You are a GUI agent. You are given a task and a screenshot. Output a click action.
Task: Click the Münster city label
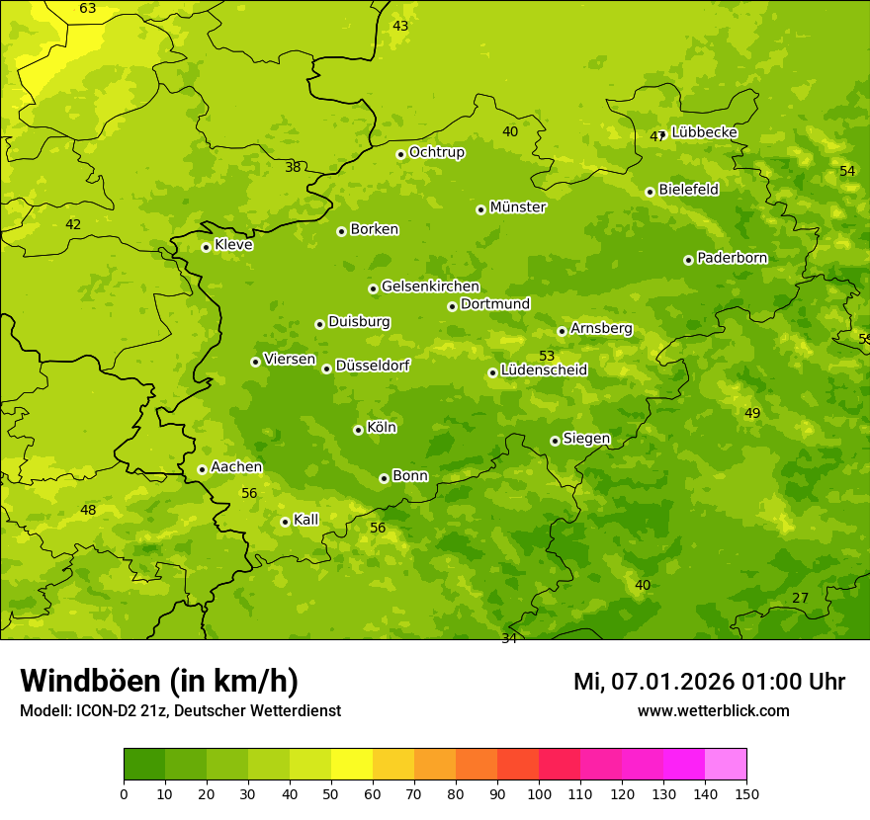pyautogui.click(x=518, y=207)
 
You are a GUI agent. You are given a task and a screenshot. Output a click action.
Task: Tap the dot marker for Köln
pyautogui.click(x=358, y=430)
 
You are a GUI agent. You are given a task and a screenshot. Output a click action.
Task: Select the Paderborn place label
pyautogui.click(x=732, y=258)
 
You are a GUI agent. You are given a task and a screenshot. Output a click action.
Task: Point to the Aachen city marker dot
pyautogui.click(x=202, y=469)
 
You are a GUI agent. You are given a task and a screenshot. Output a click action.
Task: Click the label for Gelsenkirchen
pyautogui.click(x=430, y=287)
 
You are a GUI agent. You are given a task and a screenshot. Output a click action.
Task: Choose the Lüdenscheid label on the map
pyautogui.click(x=544, y=370)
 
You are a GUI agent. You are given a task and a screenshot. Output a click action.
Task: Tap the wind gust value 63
pyautogui.click(x=88, y=9)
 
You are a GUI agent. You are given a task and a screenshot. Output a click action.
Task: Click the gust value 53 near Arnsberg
pyautogui.click(x=547, y=356)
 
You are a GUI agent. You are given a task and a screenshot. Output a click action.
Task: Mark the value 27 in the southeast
pyautogui.click(x=800, y=598)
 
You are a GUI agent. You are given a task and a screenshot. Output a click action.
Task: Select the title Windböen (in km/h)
pyautogui.click(x=159, y=681)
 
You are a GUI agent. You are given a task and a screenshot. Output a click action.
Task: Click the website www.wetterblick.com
pyautogui.click(x=713, y=710)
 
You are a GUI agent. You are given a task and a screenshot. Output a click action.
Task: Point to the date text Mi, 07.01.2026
pyautogui.click(x=653, y=682)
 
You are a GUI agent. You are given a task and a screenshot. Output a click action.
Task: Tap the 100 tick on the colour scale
pyautogui.click(x=539, y=792)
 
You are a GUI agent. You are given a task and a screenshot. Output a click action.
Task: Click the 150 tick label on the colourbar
pyautogui.click(x=746, y=792)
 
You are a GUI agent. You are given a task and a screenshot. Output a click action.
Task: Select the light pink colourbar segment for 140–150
pyautogui.click(x=726, y=765)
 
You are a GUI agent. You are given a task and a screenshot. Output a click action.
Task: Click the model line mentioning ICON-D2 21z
pyautogui.click(x=180, y=710)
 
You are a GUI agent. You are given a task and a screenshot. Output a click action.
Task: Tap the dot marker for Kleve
pyautogui.click(x=206, y=247)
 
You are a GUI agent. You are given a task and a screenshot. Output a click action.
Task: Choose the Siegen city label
pyautogui.click(x=586, y=439)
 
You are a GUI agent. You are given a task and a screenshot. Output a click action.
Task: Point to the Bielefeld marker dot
pyautogui.click(x=650, y=192)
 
